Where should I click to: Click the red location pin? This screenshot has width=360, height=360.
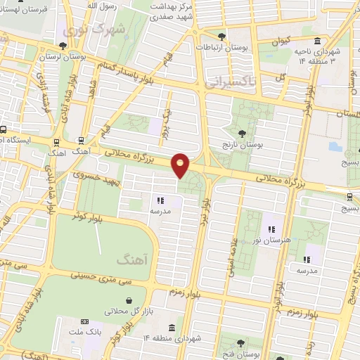click(181, 165)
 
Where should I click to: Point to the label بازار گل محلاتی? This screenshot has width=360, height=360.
click(127, 310)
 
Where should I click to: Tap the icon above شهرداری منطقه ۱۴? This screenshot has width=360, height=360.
click(173, 327)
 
